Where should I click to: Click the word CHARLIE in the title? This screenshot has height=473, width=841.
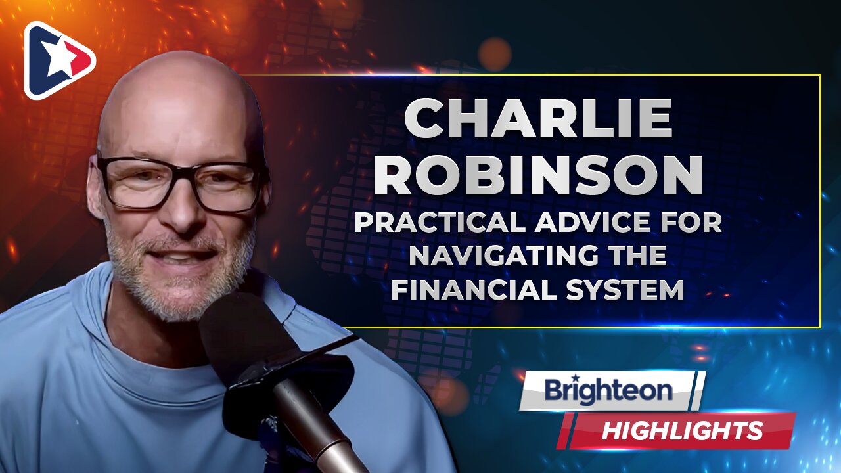click(x=538, y=120)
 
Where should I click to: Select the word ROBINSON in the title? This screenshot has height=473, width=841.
click(x=538, y=175)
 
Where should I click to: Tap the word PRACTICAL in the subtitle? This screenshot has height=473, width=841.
click(x=441, y=223)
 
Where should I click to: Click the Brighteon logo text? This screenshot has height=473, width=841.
click(x=608, y=391)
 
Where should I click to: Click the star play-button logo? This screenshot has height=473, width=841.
click(x=59, y=60)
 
